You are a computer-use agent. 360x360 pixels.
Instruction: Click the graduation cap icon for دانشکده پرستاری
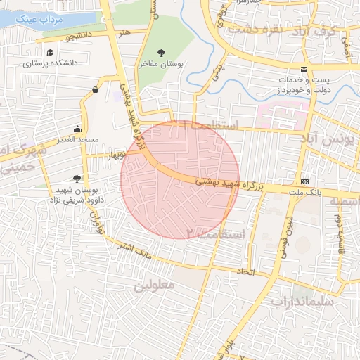[x=49, y=53]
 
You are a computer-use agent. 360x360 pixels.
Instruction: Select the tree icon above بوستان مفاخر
[x=162, y=53]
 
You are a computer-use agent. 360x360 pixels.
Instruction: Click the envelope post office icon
[x=304, y=70]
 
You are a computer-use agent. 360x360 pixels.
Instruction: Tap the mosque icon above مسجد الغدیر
[x=77, y=129]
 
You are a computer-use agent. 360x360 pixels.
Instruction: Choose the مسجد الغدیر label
[x=77, y=141]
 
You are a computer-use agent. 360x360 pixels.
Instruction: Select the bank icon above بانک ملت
[x=304, y=181]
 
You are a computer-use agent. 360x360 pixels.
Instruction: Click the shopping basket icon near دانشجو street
[x=95, y=89]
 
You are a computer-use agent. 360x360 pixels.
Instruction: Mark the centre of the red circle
[x=180, y=179]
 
